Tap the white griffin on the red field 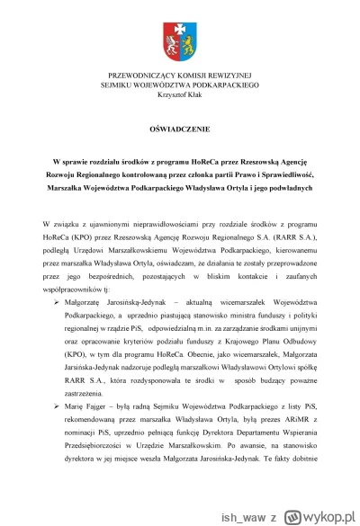pyautogui.click(x=170, y=40)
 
